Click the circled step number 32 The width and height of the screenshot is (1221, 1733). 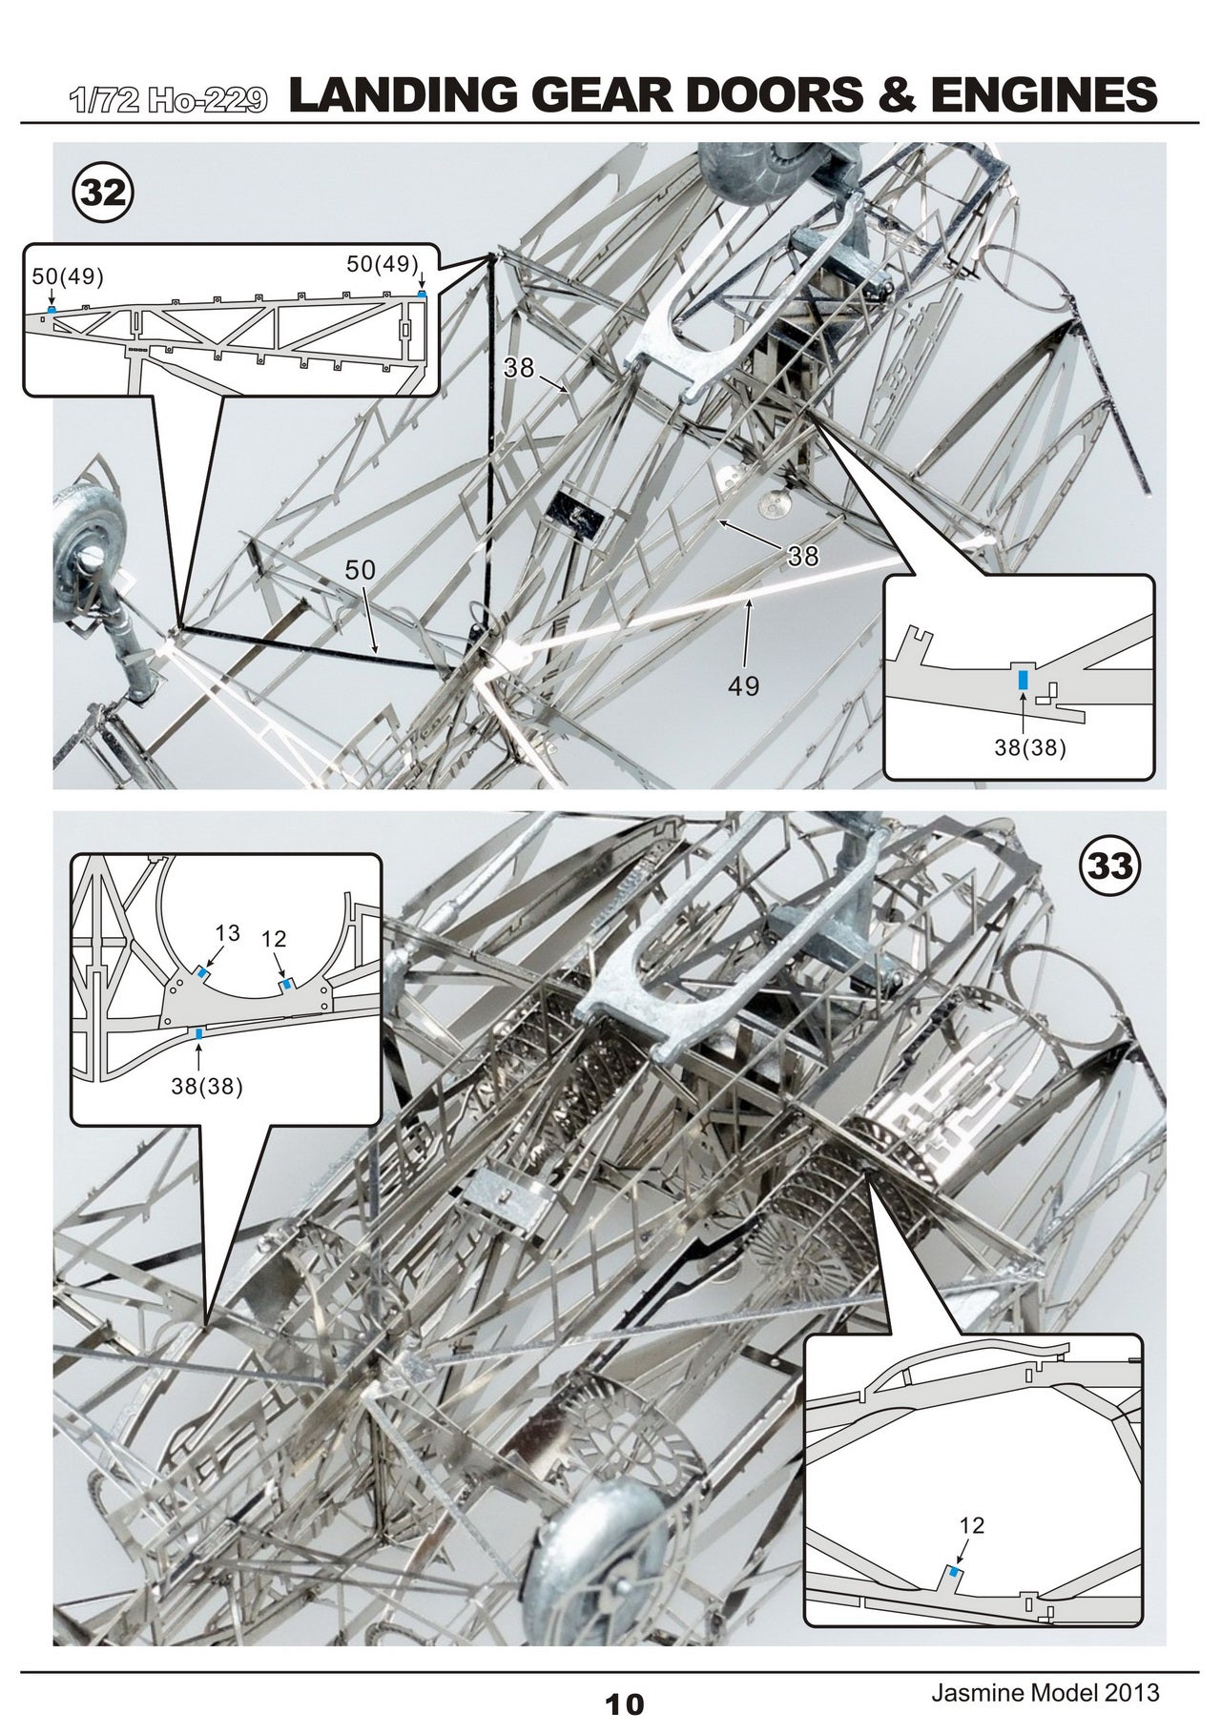[103, 193]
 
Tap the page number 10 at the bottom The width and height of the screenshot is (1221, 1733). [624, 1704]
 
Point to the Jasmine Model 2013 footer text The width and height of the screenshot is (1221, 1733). [1045, 1692]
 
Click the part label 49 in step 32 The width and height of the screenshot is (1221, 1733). [744, 685]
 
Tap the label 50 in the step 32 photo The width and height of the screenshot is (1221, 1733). [360, 571]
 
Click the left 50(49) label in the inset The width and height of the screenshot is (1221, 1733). [67, 276]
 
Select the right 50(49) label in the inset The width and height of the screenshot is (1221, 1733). [382, 264]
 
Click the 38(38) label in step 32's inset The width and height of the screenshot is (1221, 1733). [1030, 748]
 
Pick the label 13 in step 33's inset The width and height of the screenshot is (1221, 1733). [227, 932]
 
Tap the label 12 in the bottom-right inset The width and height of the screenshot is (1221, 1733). [971, 1525]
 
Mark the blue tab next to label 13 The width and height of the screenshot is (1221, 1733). [203, 972]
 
